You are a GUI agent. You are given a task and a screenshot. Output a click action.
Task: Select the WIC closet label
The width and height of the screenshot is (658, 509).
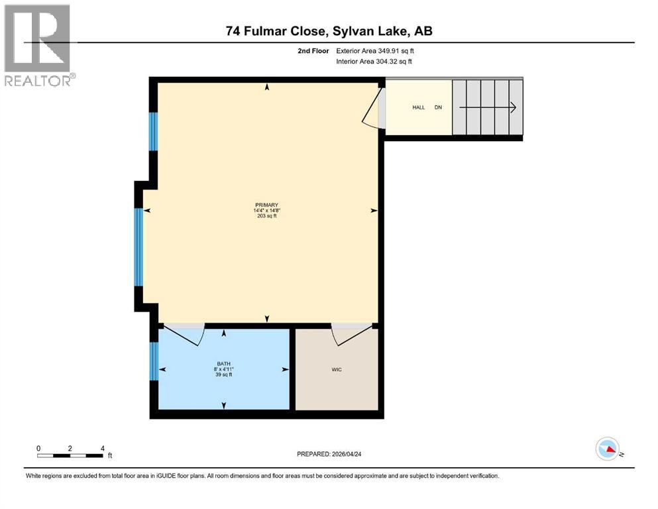[x=337, y=369]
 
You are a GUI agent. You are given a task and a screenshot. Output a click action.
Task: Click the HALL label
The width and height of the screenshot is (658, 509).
[x=418, y=107]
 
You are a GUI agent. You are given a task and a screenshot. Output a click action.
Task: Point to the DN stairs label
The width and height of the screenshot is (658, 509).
[x=438, y=107]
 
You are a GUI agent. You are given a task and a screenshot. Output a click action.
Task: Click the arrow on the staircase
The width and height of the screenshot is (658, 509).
[x=487, y=107]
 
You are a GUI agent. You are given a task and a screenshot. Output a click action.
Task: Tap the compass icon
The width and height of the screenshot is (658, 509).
[x=608, y=449]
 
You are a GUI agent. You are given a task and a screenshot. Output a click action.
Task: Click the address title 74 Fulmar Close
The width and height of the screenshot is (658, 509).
[x=329, y=30]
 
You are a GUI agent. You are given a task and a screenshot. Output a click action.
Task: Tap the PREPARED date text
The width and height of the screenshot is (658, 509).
[x=329, y=454]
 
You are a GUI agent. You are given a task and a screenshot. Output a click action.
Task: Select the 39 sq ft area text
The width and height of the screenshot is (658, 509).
[x=223, y=375]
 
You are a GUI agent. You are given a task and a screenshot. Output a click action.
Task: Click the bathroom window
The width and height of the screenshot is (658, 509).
[x=154, y=361]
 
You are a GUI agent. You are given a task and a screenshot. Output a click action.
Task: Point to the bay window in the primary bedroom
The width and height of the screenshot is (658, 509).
[x=138, y=246]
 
